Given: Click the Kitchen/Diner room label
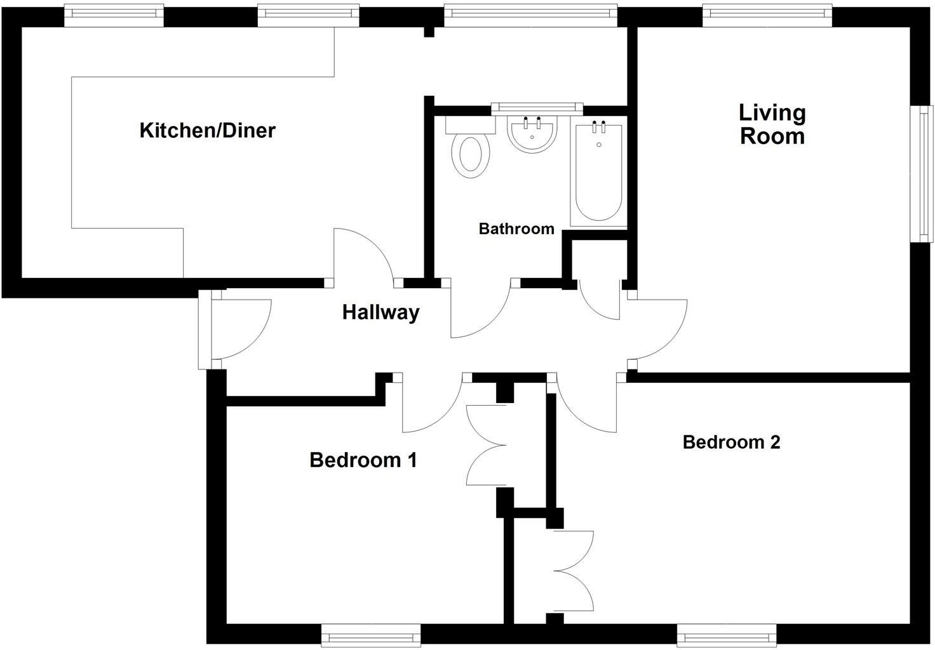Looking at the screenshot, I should (x=207, y=131).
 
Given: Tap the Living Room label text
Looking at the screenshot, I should (x=772, y=124).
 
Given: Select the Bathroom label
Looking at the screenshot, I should (x=516, y=229).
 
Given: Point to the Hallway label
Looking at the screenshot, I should (x=380, y=312).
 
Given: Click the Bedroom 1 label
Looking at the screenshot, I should (x=363, y=460).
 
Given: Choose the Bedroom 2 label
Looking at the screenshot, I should (x=731, y=442).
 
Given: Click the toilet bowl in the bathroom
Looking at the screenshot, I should (x=471, y=154).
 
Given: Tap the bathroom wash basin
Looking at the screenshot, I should (x=532, y=133).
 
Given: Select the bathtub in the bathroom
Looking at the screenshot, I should (x=598, y=175).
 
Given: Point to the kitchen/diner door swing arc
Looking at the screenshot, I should (x=365, y=254).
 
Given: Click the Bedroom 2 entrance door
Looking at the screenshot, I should (x=584, y=406).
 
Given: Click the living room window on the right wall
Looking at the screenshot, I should (x=921, y=173).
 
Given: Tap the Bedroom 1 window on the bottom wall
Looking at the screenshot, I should (x=371, y=635).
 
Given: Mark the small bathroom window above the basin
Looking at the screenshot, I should (x=537, y=108).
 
